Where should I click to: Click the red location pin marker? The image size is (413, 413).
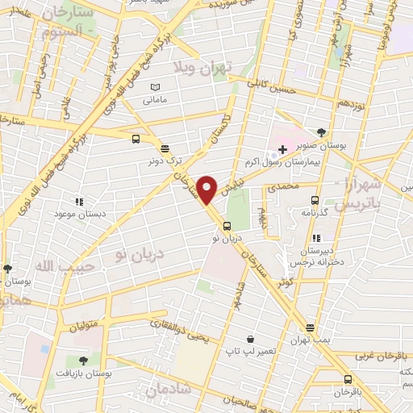coord(207,190)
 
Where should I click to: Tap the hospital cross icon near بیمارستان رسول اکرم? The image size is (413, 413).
coord(282,149)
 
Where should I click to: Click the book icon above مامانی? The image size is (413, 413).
coord(156,87)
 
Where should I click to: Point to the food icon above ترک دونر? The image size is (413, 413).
coord(165,148)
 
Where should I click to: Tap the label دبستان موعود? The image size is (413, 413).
coord(78,215)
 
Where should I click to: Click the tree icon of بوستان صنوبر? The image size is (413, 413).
coord(322,131)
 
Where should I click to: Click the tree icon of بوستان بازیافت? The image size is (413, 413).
coord(83,361)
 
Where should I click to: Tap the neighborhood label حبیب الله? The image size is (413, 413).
coord(56,264)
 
